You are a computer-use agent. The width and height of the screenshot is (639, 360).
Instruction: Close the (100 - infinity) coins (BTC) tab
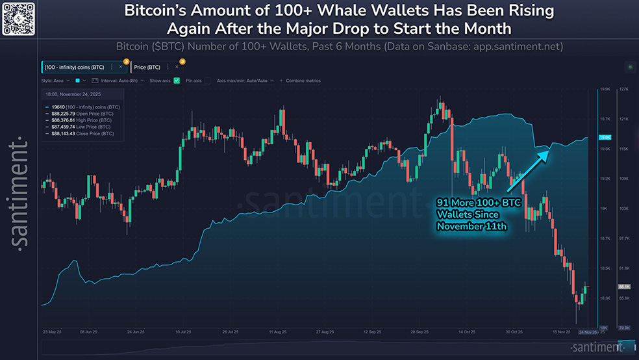click(120, 67)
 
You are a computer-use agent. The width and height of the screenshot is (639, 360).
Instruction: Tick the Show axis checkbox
click(177, 81)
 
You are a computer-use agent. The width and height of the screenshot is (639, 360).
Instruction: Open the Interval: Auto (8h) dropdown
click(118, 81)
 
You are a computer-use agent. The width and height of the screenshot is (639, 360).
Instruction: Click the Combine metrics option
click(303, 81)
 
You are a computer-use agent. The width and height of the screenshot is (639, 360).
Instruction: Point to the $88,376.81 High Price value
click(71, 120)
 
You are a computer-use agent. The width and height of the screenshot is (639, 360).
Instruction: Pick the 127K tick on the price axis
click(624, 89)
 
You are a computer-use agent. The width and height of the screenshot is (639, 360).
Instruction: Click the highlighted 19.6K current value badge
click(605, 138)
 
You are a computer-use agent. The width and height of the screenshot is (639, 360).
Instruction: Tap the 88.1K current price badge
click(625, 287)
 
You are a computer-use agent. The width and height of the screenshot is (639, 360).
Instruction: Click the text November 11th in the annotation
click(471, 227)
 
